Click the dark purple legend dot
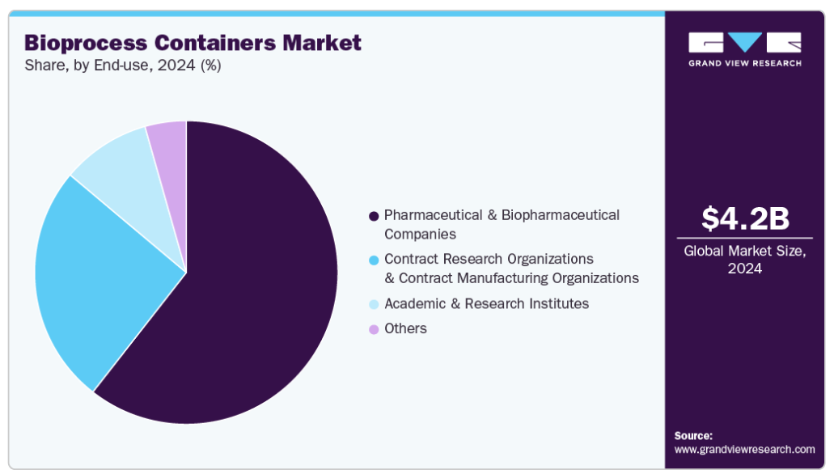[374, 216]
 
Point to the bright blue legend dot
[374, 260]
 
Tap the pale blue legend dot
[374, 304]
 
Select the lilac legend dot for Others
[374, 329]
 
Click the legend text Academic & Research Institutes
[487, 304]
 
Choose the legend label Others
[405, 328]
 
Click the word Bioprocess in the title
[86, 44]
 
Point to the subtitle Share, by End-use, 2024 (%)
[123, 66]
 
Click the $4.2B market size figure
[745, 218]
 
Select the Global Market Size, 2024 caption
[745, 260]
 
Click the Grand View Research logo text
[745, 63]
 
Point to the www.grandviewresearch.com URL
[745, 450]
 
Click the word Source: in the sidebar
[693, 436]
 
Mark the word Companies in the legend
[420, 235]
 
